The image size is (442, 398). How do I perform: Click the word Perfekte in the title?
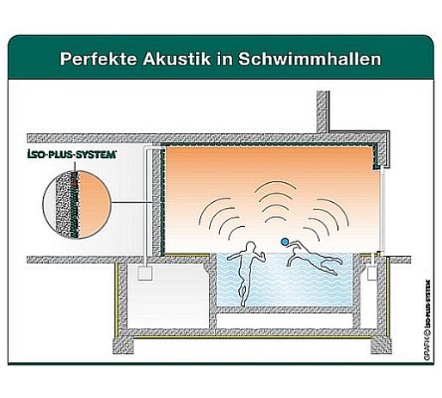point(99,59)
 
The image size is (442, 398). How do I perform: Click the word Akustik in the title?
point(177,59)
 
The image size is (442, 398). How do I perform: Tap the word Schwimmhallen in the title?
point(310,59)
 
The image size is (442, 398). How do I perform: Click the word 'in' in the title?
point(225,59)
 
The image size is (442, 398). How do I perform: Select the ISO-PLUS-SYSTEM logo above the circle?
point(72,154)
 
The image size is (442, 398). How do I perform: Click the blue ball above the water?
point(285,242)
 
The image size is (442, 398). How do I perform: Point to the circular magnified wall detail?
point(77,204)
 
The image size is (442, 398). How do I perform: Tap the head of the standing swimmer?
point(250,246)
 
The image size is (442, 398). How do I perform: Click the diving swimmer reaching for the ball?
point(315,257)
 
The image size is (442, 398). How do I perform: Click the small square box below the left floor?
point(145,274)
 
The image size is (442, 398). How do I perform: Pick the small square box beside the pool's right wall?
point(372,274)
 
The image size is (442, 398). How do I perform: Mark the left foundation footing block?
point(123,345)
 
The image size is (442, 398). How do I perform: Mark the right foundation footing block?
point(381,345)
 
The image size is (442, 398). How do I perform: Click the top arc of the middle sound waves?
point(275,183)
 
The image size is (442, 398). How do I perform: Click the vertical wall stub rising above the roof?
point(323,112)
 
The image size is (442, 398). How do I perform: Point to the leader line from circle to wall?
point(132,202)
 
